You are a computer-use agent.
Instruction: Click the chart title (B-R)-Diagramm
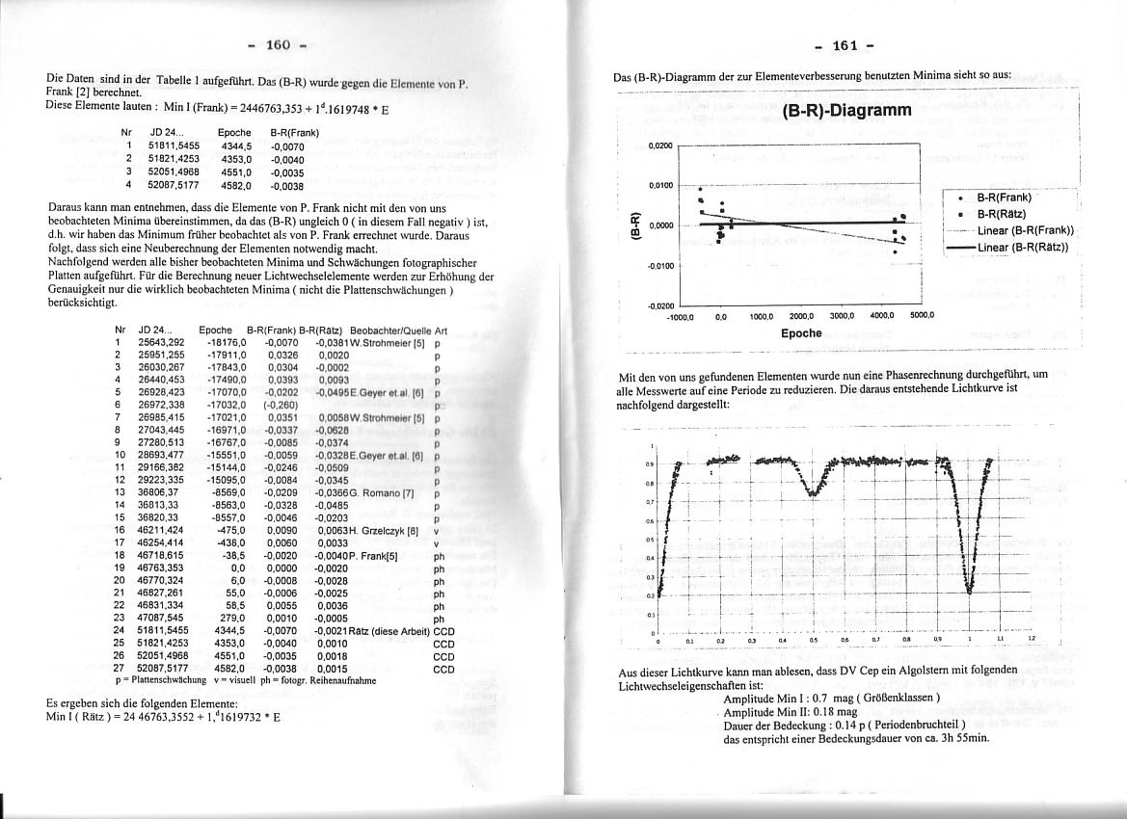click(846, 110)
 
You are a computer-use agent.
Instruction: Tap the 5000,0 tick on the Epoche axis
click(923, 315)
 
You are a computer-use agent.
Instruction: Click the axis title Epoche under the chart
click(801, 333)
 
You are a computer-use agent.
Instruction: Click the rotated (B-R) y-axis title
click(634, 225)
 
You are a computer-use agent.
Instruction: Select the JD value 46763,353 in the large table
click(160, 568)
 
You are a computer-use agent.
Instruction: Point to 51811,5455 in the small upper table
click(174, 145)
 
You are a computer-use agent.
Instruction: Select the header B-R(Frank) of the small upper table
click(294, 132)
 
